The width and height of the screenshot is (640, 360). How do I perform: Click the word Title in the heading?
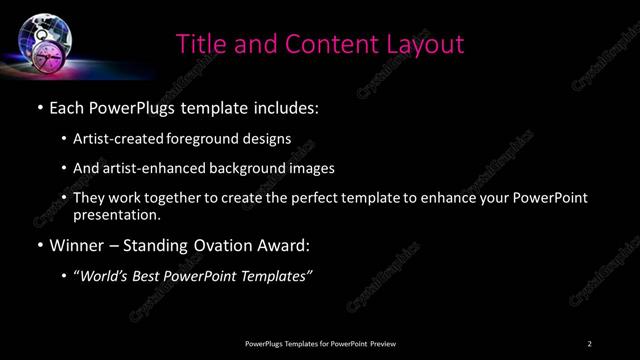click(201, 44)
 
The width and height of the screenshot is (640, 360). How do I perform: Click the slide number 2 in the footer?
click(590, 344)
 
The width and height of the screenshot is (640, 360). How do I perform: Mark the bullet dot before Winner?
click(39, 246)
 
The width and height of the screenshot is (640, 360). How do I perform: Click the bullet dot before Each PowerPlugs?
click(39, 107)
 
